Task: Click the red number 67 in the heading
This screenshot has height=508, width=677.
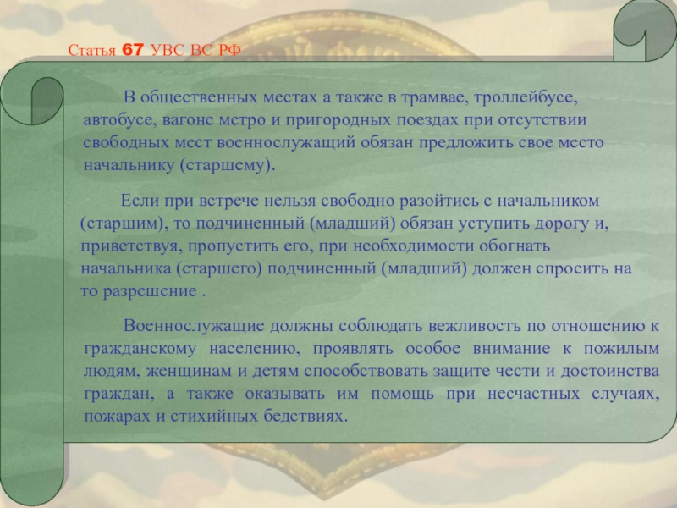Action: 133,50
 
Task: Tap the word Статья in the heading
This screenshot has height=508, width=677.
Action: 92,51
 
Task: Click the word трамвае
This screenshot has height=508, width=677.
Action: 434,97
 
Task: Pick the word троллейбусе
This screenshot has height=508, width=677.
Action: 526,98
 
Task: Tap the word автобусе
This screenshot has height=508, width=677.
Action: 119,120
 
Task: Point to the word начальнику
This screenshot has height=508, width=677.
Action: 129,166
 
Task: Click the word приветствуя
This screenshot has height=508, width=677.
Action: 129,246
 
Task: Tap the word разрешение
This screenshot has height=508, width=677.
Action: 150,292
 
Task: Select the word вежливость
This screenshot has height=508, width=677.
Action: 475,326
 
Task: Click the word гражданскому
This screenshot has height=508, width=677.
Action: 140,349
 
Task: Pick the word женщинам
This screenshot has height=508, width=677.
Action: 189,372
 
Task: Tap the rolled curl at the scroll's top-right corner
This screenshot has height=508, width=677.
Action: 645,30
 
